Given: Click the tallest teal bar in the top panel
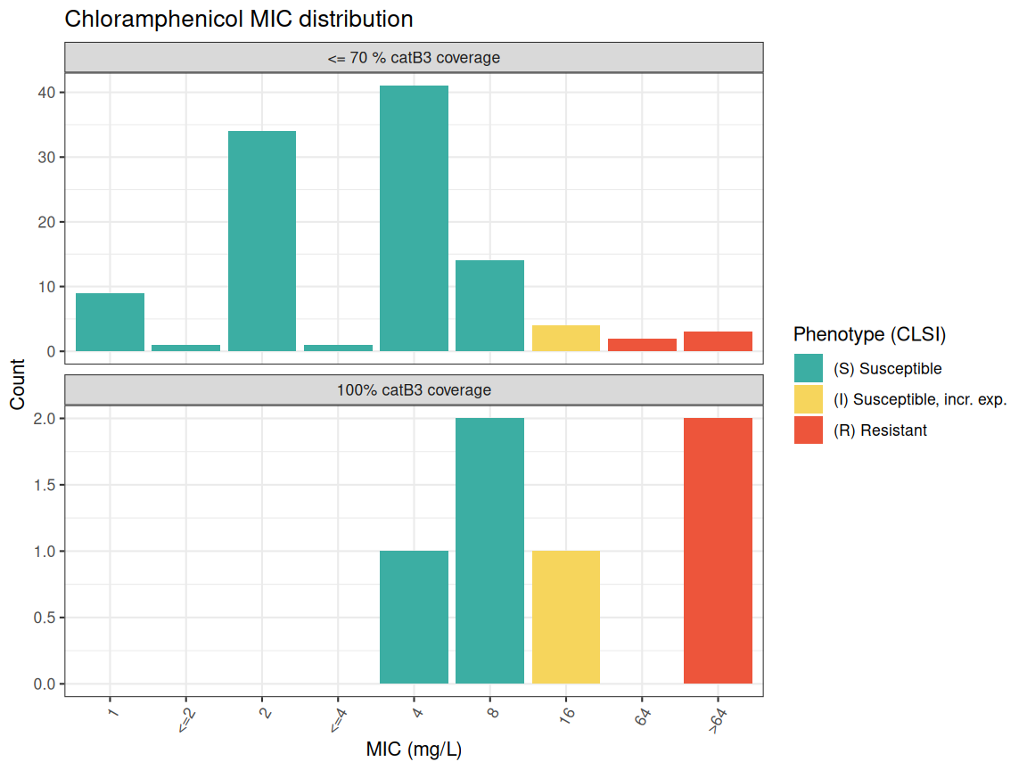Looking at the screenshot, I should coord(414,218).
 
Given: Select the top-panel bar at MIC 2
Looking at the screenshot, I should coord(262,241).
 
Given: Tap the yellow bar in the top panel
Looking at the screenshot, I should coord(566,339).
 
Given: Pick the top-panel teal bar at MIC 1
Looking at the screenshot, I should coord(110,322).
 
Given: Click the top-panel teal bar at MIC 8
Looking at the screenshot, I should coord(489,306).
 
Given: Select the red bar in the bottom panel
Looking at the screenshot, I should coord(718,551).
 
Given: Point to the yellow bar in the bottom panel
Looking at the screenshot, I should coord(566,617).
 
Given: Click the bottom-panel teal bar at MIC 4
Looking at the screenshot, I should coord(414,617).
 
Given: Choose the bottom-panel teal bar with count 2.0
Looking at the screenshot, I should coord(489,551).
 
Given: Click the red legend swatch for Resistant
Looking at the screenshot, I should coord(809,430).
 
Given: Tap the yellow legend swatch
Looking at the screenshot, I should coord(809,399).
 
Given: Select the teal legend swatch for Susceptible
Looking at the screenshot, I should coord(809,368).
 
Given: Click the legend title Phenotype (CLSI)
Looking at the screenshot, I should coord(869,335).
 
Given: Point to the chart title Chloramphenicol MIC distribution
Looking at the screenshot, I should coord(239,19).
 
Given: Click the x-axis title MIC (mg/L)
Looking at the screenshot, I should coord(414,750).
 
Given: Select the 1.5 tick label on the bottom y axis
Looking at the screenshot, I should coord(45,485).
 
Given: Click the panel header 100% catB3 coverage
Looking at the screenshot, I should coord(414,389).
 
